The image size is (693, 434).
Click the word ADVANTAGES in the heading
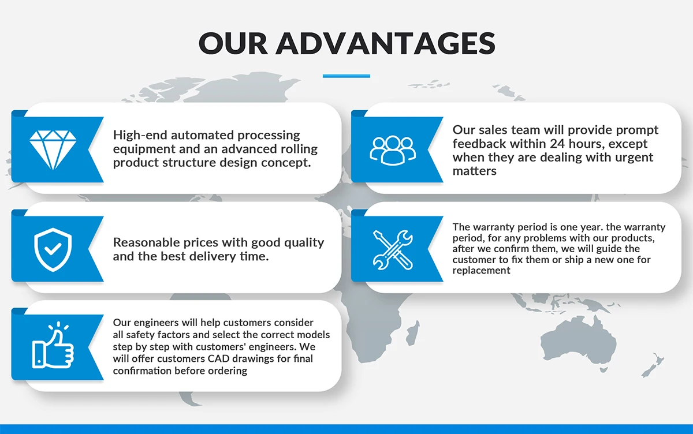coord(385,43)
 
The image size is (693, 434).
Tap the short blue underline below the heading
coord(346,76)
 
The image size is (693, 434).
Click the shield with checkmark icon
coord(53,249)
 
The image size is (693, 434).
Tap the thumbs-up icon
coord(53,346)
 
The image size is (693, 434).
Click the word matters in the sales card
coord(474,171)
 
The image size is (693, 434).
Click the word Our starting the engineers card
coord(122,322)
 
